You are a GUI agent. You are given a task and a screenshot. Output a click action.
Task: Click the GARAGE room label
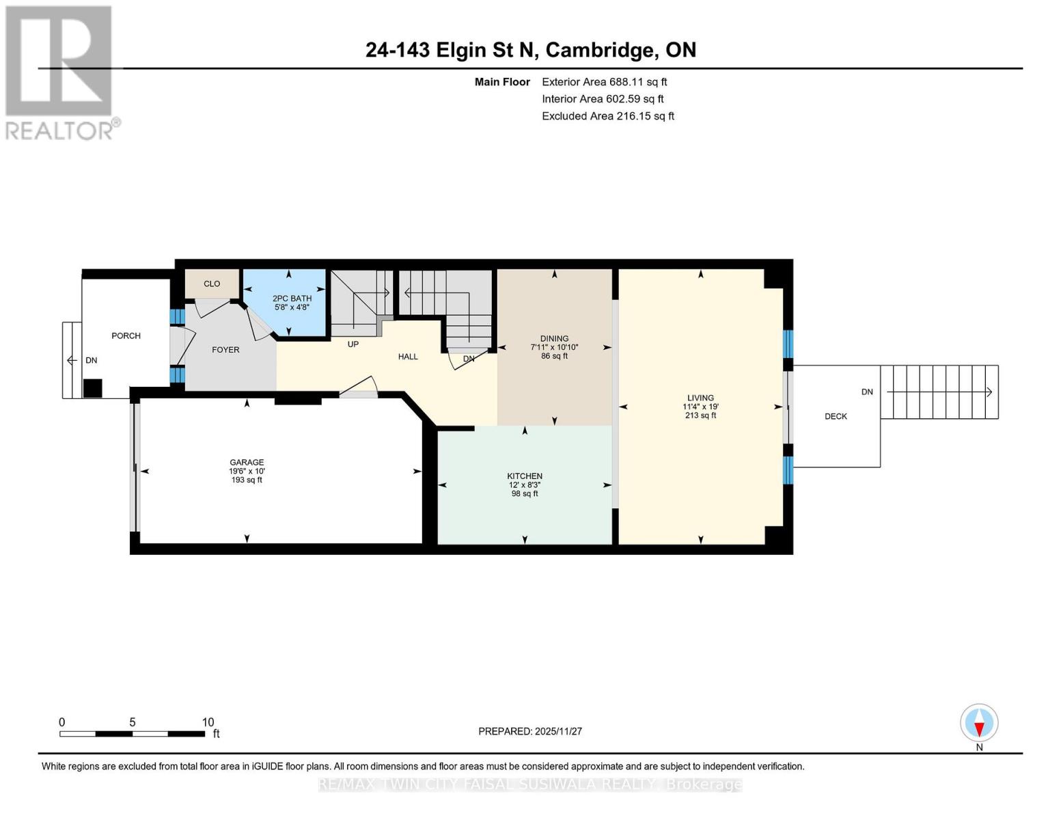point(247,462)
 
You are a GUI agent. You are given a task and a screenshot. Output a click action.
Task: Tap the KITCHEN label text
point(525,476)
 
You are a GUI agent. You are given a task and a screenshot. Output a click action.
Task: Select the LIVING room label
point(700,398)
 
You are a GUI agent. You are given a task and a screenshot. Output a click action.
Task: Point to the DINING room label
point(554,338)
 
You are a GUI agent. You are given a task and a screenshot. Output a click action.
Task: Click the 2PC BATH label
point(292,299)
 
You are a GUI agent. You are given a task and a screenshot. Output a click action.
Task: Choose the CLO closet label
point(211,284)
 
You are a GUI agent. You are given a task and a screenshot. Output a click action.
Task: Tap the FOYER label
point(225,350)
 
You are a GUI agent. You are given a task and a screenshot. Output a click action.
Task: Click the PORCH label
point(126,336)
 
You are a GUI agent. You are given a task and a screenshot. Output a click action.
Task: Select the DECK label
point(836,416)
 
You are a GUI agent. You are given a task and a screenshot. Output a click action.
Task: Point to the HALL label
point(408,357)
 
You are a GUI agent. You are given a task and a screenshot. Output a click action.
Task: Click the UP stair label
point(353,344)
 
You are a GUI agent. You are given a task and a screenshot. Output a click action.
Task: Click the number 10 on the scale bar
point(208,722)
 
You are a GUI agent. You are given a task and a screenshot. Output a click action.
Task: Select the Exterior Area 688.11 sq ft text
point(604,82)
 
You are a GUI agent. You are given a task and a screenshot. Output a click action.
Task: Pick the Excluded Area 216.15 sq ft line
point(608,115)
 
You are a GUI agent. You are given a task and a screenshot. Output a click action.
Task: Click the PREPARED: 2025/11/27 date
point(529,731)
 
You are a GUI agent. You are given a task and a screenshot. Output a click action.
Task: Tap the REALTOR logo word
point(59,131)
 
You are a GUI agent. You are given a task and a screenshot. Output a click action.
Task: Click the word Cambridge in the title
point(599,51)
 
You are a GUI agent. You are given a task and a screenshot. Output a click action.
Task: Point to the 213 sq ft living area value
point(700,415)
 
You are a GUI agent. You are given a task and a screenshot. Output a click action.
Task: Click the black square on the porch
point(92,388)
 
